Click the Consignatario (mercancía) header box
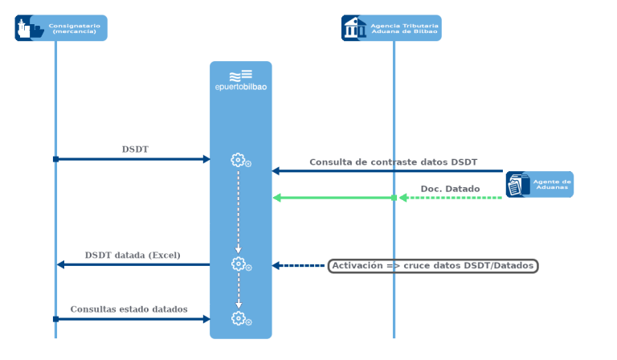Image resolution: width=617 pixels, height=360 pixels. pyautogui.click(x=61, y=28)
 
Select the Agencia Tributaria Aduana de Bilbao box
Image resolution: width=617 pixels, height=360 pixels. pyautogui.click(x=391, y=28)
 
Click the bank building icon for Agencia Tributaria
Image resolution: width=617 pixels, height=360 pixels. pyautogui.click(x=353, y=28)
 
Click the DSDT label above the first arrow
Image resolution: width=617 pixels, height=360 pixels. pyautogui.click(x=135, y=149)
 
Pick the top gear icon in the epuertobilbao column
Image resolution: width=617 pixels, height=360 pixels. pyautogui.click(x=239, y=160)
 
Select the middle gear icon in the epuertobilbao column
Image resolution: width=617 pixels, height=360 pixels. pyautogui.click(x=239, y=264)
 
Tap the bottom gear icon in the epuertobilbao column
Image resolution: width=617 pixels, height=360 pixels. pyautogui.click(x=239, y=318)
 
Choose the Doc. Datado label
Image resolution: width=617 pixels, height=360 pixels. pyautogui.click(x=450, y=190)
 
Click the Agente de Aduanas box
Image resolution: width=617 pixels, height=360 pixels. pyautogui.click(x=540, y=185)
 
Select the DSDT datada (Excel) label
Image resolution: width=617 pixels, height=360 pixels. pyautogui.click(x=133, y=256)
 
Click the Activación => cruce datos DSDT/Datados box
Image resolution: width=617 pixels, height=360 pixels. pyautogui.click(x=433, y=266)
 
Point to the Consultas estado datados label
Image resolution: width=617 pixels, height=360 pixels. pyautogui.click(x=129, y=309)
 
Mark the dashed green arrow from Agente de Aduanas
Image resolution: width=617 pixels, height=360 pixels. pyautogui.click(x=450, y=198)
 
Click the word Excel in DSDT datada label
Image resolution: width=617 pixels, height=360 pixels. pyautogui.click(x=164, y=256)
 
